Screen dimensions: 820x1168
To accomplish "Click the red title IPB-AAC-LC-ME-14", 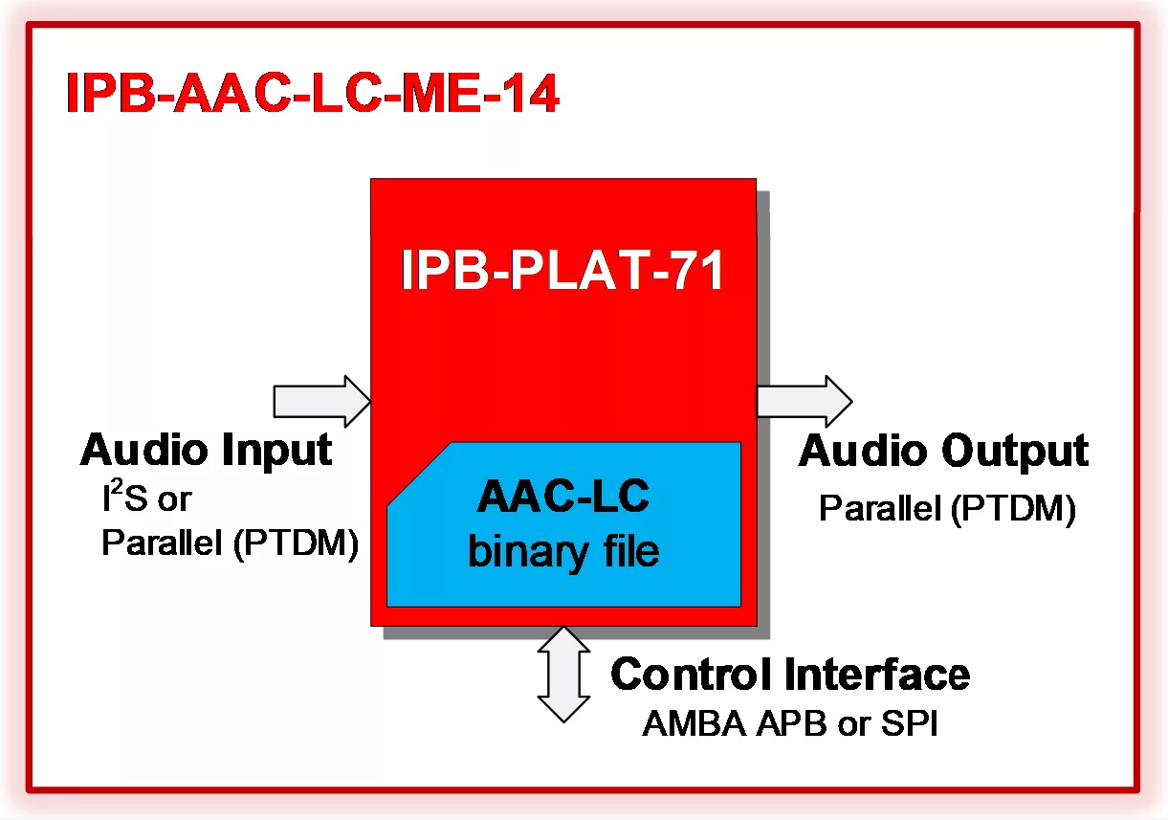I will [312, 95].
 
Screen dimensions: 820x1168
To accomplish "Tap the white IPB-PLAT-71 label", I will [562, 273].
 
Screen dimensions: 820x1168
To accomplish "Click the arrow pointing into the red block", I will [321, 400].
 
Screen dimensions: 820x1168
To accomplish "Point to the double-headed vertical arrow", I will [564, 675].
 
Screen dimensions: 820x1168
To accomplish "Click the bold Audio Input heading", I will [207, 450].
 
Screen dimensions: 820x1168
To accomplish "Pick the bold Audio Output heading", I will [943, 452].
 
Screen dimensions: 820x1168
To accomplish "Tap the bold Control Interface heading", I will [790, 675].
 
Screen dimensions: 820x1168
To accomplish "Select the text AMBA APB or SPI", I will [790, 724].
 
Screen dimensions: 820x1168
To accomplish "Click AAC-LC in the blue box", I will [563, 498].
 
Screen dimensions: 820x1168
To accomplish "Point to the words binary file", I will [563, 551].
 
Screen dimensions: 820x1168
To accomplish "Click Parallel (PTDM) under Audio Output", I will [947, 508].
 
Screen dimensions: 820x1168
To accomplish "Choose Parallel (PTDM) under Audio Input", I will [230, 543].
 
